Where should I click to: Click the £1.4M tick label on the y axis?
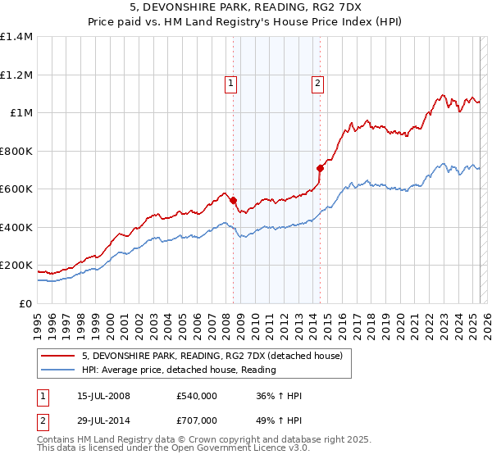click(16, 37)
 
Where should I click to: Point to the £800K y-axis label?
click(16, 151)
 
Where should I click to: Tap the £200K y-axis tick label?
click(16, 266)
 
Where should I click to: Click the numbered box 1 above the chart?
click(230, 83)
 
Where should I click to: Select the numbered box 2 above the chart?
click(317, 83)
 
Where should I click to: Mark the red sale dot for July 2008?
click(234, 200)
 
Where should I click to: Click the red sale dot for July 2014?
click(321, 168)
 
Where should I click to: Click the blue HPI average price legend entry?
click(179, 370)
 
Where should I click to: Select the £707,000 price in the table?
click(195, 420)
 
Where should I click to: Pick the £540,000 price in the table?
click(195, 397)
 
